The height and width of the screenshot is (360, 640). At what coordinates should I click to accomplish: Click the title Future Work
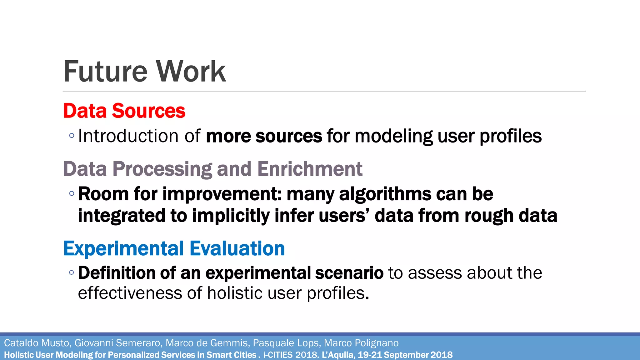(144, 72)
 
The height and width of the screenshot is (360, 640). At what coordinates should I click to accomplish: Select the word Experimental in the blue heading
(123, 248)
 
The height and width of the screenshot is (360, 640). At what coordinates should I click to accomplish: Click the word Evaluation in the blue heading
(237, 248)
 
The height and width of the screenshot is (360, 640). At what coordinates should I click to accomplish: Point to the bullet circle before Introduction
(72, 136)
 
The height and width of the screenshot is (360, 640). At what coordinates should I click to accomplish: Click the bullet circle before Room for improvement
(72, 193)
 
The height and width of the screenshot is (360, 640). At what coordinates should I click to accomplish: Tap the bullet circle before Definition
(72, 272)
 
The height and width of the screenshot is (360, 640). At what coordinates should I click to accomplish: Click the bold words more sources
(264, 136)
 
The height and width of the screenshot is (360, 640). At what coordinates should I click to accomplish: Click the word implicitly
(231, 216)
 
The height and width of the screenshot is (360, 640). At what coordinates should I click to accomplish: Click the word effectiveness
(130, 293)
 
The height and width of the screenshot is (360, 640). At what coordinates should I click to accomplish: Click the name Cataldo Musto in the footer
(37, 343)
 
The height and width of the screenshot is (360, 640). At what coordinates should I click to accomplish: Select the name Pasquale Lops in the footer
(286, 343)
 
